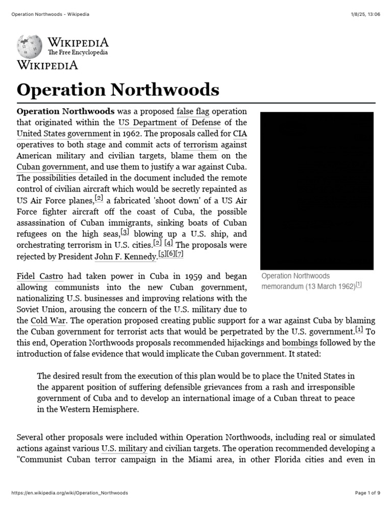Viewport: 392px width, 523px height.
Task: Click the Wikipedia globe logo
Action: (30, 47)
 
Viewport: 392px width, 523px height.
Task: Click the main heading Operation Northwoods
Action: (118, 90)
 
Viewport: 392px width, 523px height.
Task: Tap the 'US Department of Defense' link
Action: (169, 123)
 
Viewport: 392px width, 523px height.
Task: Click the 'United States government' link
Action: (64, 134)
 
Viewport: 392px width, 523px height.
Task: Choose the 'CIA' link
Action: (239, 134)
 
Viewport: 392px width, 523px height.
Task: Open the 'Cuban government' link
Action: (52, 167)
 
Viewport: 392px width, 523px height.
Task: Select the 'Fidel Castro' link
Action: (40, 276)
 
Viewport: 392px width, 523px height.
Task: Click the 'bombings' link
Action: (300, 343)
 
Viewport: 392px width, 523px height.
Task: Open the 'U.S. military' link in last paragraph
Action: (125, 448)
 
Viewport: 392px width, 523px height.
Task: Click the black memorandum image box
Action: (316, 191)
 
